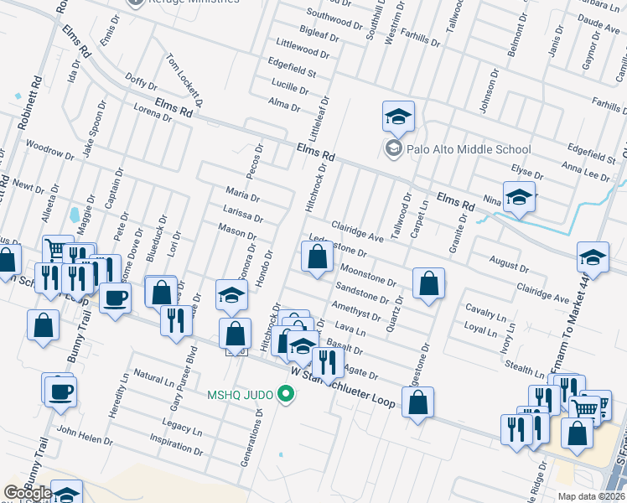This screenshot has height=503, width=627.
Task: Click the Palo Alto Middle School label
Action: coord(469,149)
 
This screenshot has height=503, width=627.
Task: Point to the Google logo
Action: coord(28,493)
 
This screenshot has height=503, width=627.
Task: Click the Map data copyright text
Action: coord(592,496)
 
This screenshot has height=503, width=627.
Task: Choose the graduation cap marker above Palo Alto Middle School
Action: coord(398,117)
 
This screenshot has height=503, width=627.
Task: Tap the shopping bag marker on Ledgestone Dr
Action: coord(316,257)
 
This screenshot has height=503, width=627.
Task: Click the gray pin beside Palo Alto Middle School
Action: coord(392,149)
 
